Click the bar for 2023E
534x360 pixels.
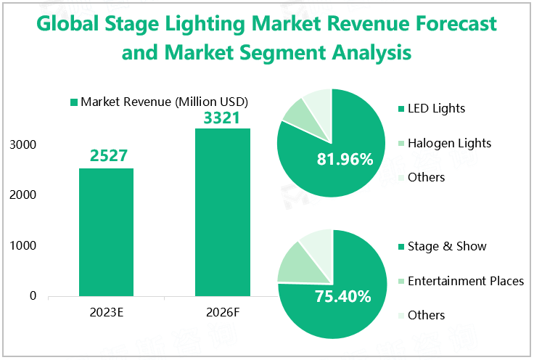coord(106,232)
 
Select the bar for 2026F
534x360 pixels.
coord(222,212)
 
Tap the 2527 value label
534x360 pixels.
coord(108,156)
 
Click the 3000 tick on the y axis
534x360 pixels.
coord(24,145)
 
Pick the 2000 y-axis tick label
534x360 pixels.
coord(24,195)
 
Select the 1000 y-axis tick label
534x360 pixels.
coord(24,246)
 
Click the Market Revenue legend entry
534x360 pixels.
coord(159,102)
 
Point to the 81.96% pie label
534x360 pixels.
coord(345,158)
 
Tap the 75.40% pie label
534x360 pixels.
coord(343,296)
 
